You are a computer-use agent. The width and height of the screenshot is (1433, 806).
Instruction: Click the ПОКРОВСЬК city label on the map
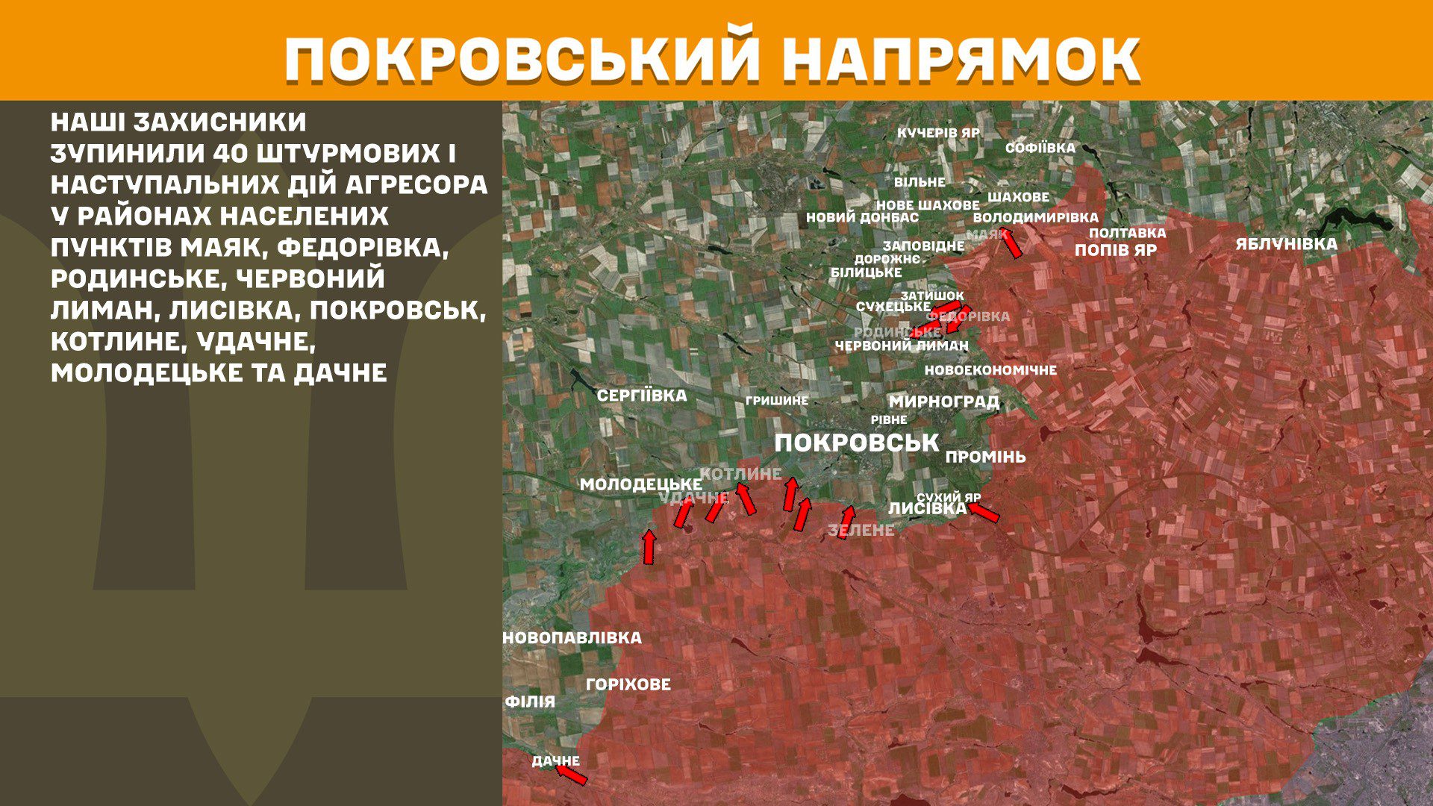click(x=856, y=443)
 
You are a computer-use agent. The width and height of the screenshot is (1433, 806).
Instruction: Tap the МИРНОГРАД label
click(x=943, y=402)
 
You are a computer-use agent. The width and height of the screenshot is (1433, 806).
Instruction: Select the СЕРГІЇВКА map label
click(x=642, y=396)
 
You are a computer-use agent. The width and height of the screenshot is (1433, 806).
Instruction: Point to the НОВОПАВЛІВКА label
click(x=572, y=638)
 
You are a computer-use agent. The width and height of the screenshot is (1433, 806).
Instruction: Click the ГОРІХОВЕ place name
click(x=628, y=684)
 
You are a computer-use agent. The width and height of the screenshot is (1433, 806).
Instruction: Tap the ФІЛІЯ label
click(x=530, y=702)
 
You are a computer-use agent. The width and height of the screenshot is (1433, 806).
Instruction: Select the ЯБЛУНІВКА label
click(x=1286, y=244)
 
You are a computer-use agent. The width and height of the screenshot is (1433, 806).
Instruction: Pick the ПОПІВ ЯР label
click(x=1115, y=250)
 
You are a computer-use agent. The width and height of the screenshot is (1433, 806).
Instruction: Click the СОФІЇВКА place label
click(x=1040, y=148)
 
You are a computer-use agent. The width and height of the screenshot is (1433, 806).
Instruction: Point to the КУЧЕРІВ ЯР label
click(x=938, y=133)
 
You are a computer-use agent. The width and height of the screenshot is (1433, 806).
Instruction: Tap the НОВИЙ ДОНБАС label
click(x=862, y=218)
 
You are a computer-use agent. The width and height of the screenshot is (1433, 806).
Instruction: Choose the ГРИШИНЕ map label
click(x=776, y=401)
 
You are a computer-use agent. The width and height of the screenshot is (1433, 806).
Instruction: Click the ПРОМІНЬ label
click(x=985, y=457)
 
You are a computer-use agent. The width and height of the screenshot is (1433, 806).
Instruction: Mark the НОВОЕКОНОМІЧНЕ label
click(x=990, y=370)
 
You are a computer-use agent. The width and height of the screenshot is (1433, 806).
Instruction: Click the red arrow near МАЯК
click(x=1011, y=243)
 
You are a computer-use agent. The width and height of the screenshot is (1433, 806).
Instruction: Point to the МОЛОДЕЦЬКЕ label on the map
click(x=640, y=485)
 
